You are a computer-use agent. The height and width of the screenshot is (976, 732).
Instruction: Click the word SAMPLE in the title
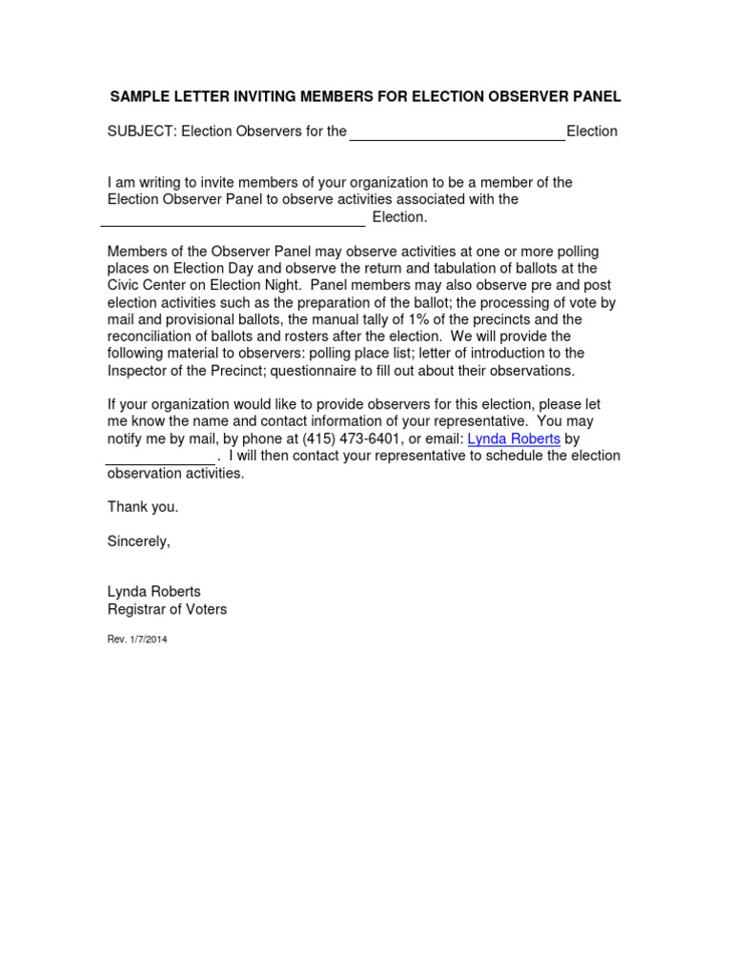[138, 96]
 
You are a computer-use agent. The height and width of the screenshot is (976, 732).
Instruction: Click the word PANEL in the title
[596, 96]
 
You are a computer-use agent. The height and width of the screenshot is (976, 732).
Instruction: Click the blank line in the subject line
[457, 133]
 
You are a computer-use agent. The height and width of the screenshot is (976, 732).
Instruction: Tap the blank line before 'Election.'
[233, 219]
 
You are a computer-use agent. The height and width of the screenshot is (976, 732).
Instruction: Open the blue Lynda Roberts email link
[514, 439]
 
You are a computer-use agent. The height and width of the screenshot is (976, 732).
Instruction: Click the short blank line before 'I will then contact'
[160, 457]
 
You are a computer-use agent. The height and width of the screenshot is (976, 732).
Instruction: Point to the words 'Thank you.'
[143, 508]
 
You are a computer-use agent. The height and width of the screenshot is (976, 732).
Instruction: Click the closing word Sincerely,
[139, 542]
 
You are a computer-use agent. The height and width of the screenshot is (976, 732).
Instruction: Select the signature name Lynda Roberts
[153, 592]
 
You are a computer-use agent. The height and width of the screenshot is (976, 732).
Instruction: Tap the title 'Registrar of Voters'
[167, 609]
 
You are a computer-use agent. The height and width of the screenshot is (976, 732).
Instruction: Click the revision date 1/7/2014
[148, 640]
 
